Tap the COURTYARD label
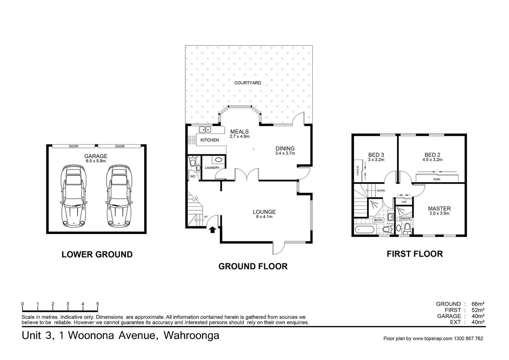[248, 83]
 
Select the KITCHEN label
[210, 140]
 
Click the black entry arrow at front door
[212, 229]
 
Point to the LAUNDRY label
[212, 168]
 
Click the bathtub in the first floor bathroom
[364, 229]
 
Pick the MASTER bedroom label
[439, 209]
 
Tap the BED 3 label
[376, 155]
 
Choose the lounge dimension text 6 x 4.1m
[264, 217]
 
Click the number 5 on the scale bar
[98, 304]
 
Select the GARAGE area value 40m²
[478, 316]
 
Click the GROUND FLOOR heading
[253, 266]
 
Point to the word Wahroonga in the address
[191, 335]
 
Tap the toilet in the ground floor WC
[192, 163]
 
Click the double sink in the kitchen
[205, 130]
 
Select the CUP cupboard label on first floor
[404, 202]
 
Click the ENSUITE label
[405, 219]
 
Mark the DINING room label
[285, 149]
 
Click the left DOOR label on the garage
[74, 146]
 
